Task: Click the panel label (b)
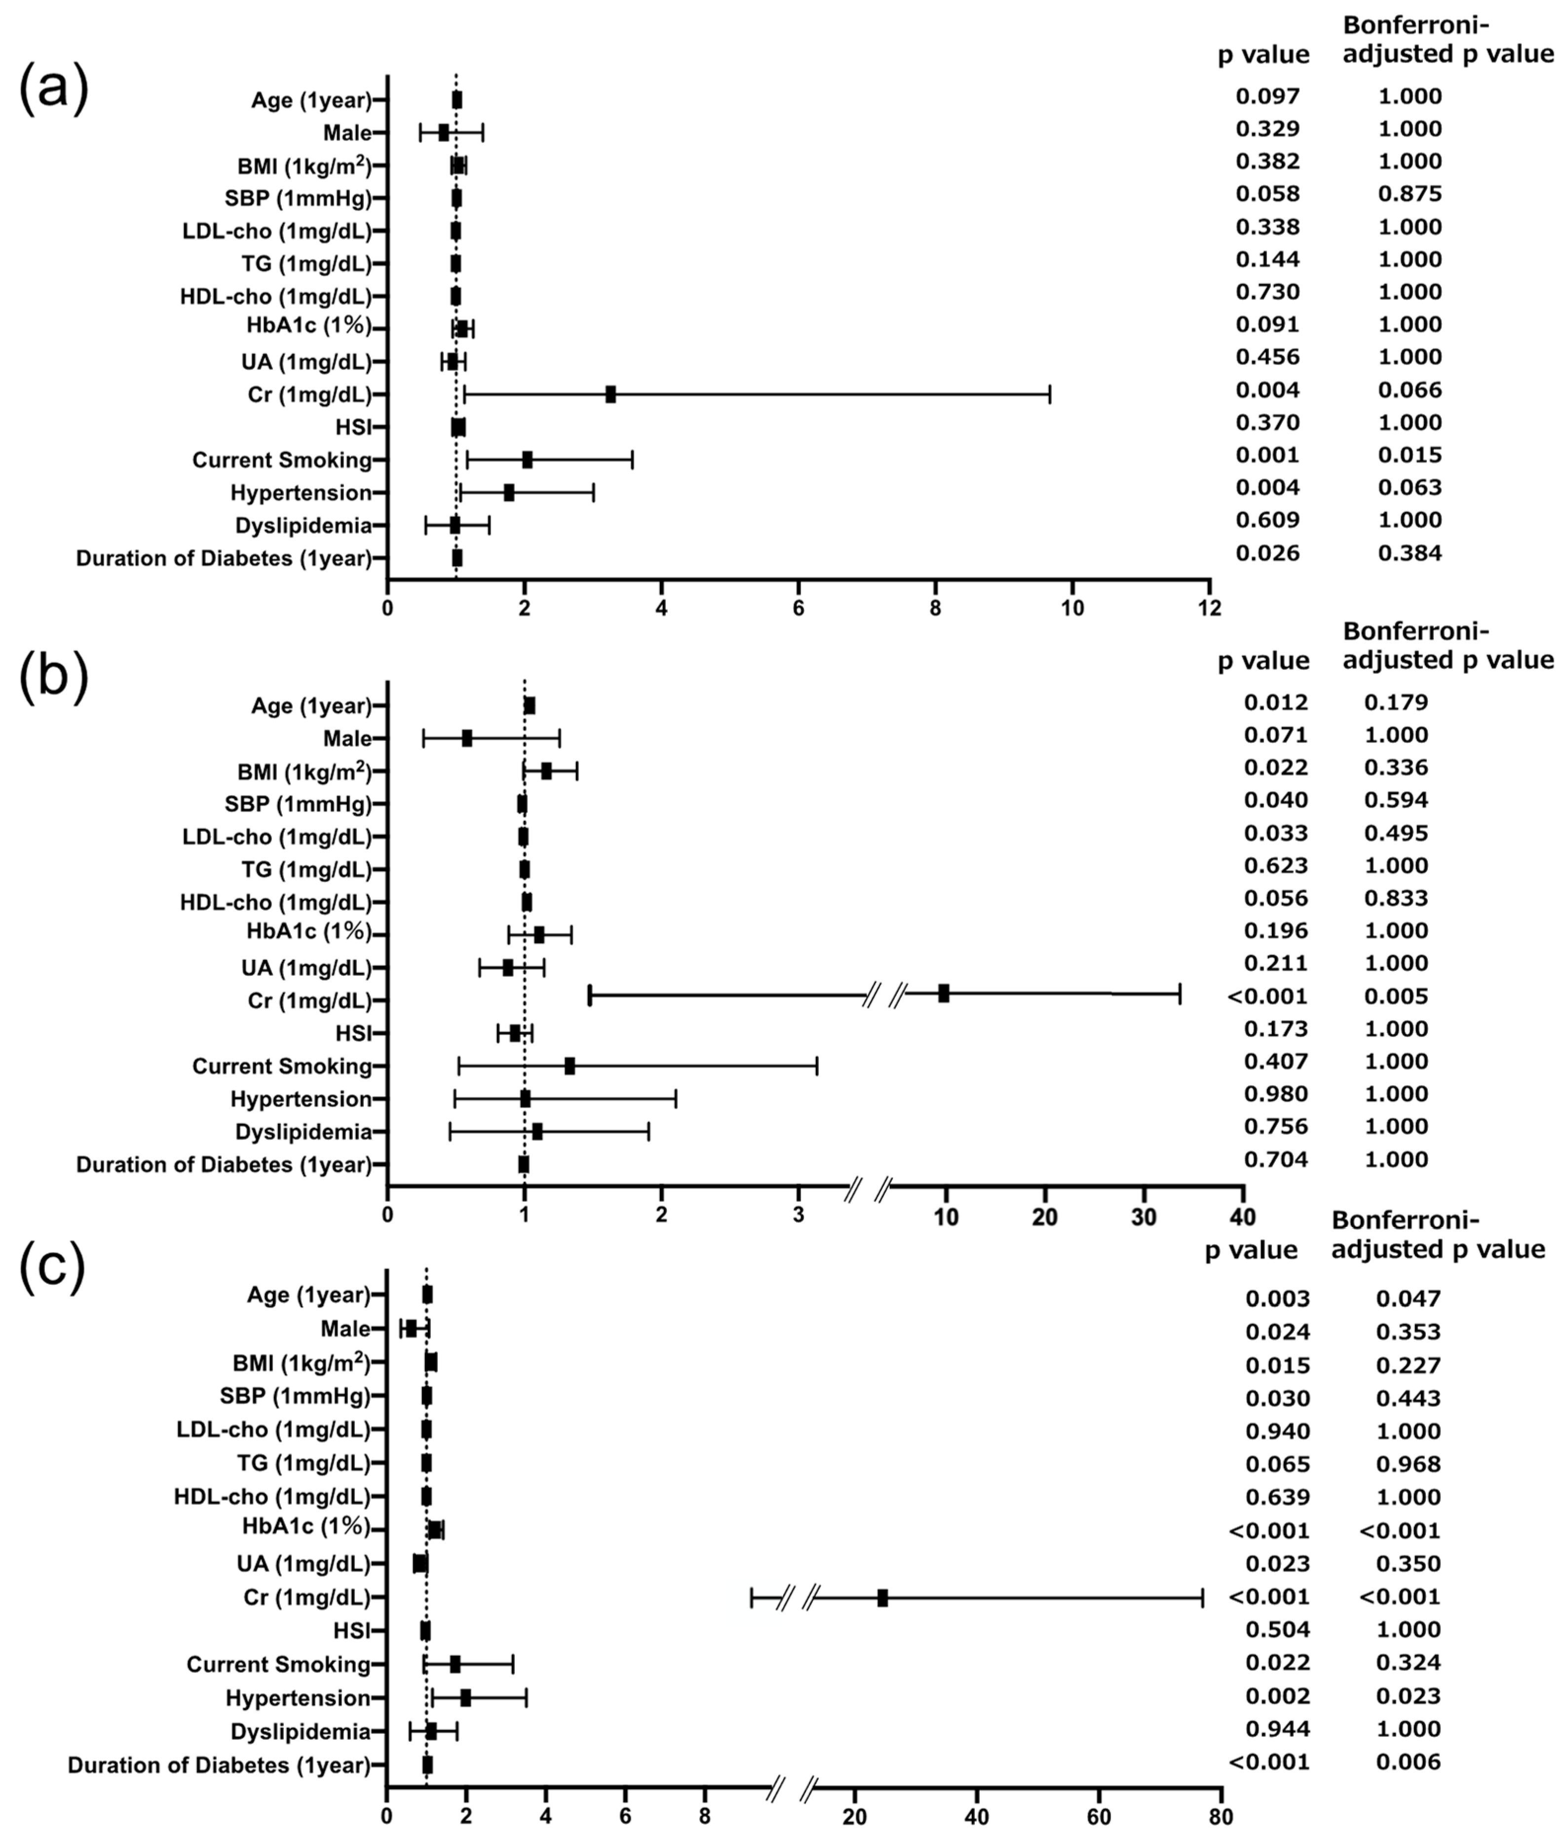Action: [x=53, y=681]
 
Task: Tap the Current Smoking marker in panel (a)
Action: [x=527, y=460]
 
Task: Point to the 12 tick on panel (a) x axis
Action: [x=1209, y=608]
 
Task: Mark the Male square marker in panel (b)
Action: [x=467, y=738]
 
